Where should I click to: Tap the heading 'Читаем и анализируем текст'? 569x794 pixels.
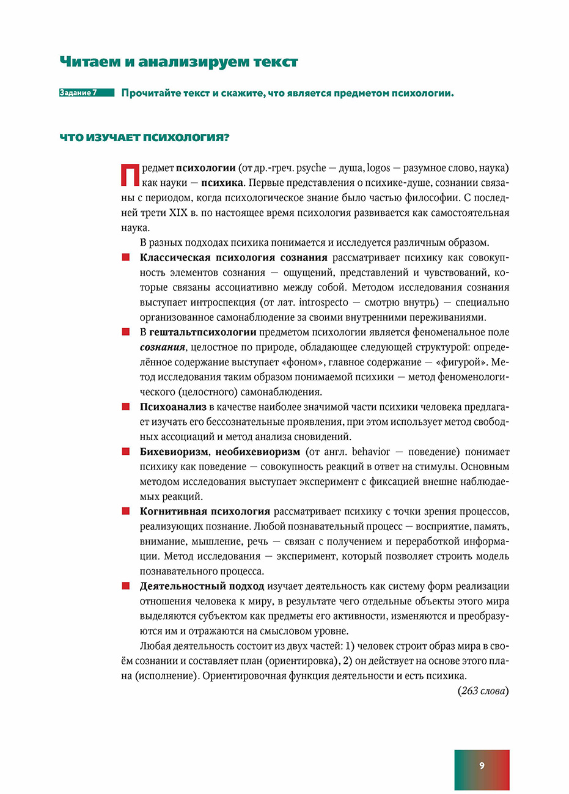(x=178, y=62)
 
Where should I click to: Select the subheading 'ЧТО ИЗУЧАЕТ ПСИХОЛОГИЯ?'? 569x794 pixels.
(x=144, y=138)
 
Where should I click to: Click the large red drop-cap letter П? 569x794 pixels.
(x=130, y=175)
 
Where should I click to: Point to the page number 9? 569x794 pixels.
(x=482, y=766)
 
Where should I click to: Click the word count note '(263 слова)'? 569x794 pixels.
(x=482, y=691)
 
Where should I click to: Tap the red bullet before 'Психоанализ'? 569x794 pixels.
(x=126, y=407)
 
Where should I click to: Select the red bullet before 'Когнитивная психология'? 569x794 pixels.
(x=126, y=512)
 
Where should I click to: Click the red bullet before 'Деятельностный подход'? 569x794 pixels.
(x=126, y=586)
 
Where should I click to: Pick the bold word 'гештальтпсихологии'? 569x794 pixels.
(x=203, y=333)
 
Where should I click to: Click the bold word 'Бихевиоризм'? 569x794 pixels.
(x=174, y=452)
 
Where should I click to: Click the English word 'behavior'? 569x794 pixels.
(x=370, y=452)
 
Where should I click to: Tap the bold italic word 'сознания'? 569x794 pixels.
(x=162, y=347)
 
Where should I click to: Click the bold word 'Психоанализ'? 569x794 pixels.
(x=173, y=407)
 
